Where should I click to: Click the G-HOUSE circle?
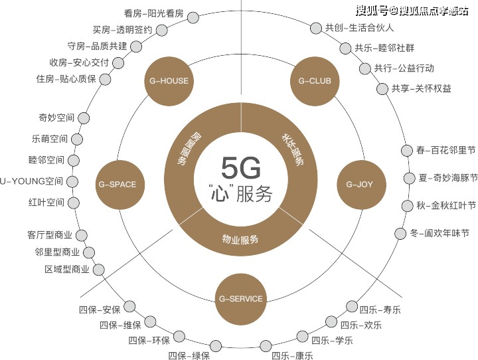(x=166, y=82)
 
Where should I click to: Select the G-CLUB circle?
(x=315, y=82)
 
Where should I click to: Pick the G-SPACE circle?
(x=118, y=184)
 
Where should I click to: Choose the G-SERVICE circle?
(x=240, y=298)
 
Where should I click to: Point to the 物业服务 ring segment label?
(x=240, y=239)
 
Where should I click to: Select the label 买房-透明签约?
(x=123, y=29)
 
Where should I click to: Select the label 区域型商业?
(x=66, y=269)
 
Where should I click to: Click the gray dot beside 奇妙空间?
(x=84, y=118)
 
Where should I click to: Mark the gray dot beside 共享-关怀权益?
(x=382, y=88)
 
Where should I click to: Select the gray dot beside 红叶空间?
(x=73, y=202)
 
